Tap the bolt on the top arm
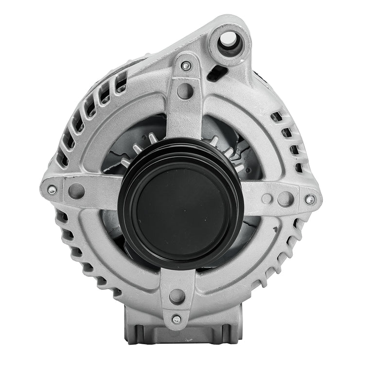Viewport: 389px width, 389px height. [x=186, y=65]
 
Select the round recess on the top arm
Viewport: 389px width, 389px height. [x=185, y=90]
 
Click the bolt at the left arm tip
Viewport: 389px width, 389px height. [x=52, y=189]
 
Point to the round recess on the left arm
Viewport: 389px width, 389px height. [x=76, y=191]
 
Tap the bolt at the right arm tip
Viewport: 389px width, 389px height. [x=309, y=199]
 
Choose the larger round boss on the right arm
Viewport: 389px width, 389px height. [x=285, y=198]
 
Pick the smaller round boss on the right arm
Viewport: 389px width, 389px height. [x=266, y=198]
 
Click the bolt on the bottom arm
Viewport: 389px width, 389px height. [x=176, y=319]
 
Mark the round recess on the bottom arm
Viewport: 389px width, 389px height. [x=177, y=296]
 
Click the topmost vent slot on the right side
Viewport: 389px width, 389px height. [x=276, y=117]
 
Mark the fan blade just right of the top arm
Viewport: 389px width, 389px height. [x=214, y=141]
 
